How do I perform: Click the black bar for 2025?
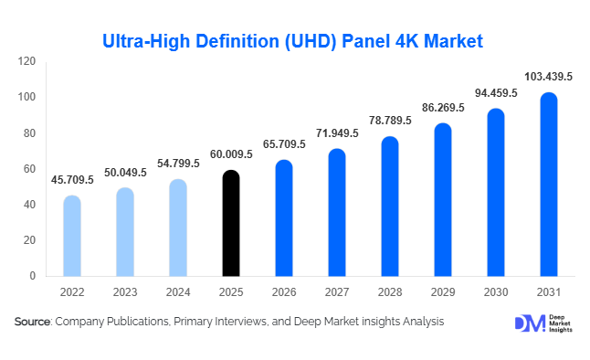click(x=232, y=223)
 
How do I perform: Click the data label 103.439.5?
click(x=548, y=78)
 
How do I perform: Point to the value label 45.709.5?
click(x=71, y=180)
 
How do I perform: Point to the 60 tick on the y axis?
click(x=30, y=169)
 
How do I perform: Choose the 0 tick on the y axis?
click(x=33, y=276)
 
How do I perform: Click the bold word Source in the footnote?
click(x=32, y=322)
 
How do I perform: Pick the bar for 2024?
click(x=178, y=228)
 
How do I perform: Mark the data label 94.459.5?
click(x=496, y=93)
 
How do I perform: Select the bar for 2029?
click(x=443, y=200)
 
